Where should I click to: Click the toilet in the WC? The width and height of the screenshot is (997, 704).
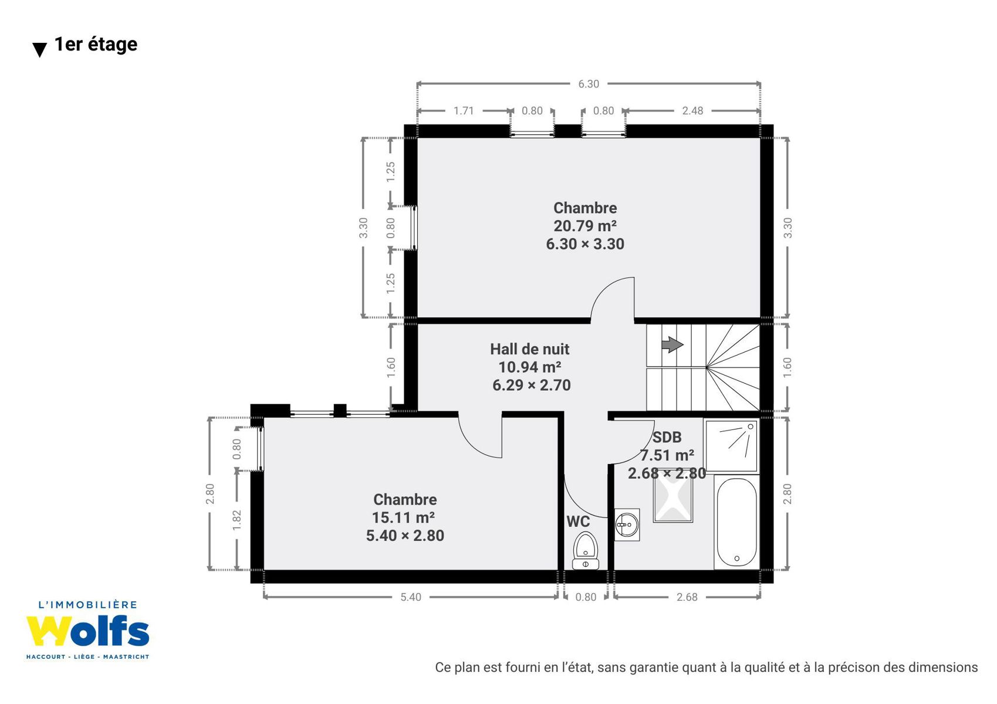[x=586, y=550]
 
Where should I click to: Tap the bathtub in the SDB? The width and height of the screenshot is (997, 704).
[x=736, y=522]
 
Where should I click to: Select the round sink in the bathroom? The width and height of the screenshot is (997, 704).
[x=627, y=525]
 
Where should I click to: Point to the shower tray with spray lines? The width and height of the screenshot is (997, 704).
[x=731, y=445]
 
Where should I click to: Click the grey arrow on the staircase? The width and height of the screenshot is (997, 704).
[x=672, y=344]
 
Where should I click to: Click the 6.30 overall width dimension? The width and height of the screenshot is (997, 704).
[x=589, y=84]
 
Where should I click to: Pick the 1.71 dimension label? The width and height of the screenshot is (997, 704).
[x=464, y=110]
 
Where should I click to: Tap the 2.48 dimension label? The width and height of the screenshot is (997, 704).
[x=692, y=110]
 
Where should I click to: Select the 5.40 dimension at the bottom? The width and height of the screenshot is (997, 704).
[x=410, y=597]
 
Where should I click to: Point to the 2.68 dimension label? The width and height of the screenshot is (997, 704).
[x=687, y=597]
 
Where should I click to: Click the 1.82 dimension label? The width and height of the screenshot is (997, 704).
[x=236, y=520]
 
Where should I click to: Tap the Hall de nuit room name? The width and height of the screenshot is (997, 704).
[x=530, y=349]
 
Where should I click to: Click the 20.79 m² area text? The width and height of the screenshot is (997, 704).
[x=585, y=226]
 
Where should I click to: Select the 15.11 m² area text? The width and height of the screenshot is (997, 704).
[x=403, y=517]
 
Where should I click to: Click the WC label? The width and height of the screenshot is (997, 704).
[x=578, y=522]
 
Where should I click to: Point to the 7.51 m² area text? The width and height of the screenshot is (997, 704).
[x=667, y=455]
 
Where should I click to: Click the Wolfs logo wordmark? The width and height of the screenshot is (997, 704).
[x=87, y=631]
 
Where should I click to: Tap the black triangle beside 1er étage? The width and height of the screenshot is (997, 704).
[x=40, y=49]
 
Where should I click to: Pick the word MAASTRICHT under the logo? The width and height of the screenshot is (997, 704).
[x=126, y=656]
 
